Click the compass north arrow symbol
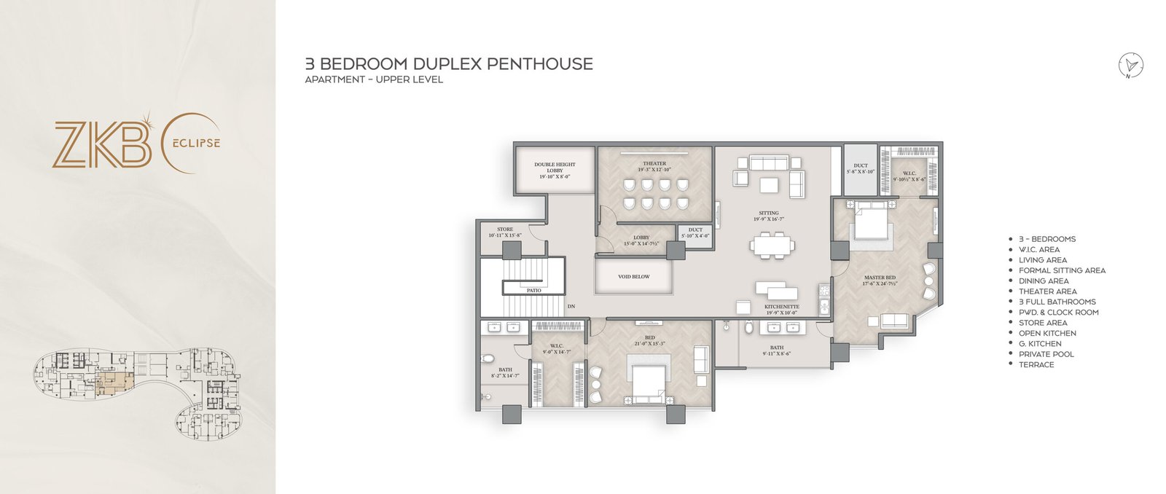click(x=1131, y=66)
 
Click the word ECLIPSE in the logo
click(x=195, y=143)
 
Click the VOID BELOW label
click(x=633, y=277)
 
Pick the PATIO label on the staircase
click(x=533, y=290)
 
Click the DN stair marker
click(x=571, y=306)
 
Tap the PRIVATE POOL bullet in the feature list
click(x=1046, y=354)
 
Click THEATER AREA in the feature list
click(x=1047, y=291)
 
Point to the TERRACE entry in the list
click(x=1036, y=364)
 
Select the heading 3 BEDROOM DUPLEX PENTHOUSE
click(x=448, y=64)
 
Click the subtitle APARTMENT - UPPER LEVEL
click(x=373, y=79)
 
